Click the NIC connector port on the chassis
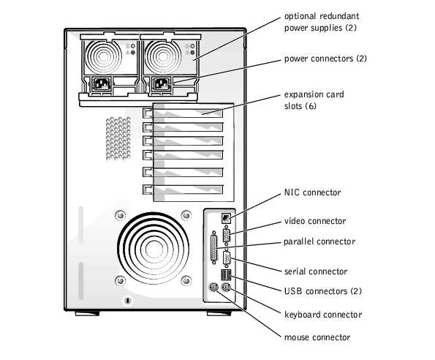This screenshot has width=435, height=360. [x=226, y=218]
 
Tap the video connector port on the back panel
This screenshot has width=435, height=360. [x=227, y=236]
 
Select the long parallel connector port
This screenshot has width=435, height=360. [x=214, y=247]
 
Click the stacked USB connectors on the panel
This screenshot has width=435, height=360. [x=226, y=275]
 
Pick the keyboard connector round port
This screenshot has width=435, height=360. [x=227, y=288]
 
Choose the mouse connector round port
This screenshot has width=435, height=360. [x=213, y=288]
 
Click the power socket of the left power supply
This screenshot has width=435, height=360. [x=102, y=84]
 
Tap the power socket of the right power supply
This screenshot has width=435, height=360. [x=161, y=84]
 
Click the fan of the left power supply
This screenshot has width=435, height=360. [x=104, y=57]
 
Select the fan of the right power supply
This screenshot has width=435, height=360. [x=163, y=57]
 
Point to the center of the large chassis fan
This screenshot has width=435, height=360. [x=153, y=248]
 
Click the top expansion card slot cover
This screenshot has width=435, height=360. [x=183, y=113]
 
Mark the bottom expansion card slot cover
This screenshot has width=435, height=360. [x=183, y=190]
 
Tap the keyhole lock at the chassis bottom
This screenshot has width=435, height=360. [x=128, y=301]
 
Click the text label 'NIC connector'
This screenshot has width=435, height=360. [x=312, y=192]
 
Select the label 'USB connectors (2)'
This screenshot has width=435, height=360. [x=323, y=291]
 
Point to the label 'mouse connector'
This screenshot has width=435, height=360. [x=317, y=337]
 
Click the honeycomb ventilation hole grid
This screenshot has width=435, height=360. [x=118, y=138]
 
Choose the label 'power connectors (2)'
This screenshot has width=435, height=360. [x=325, y=59]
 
